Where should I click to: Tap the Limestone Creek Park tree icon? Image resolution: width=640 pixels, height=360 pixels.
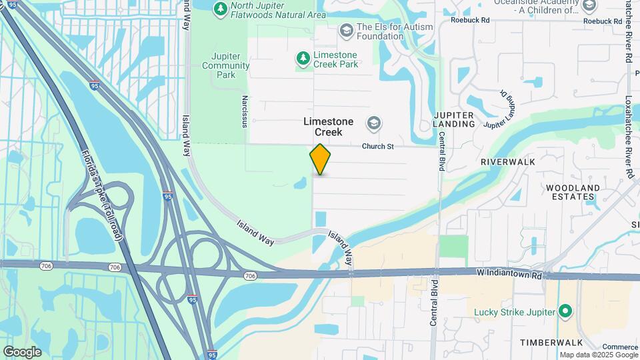click(x=303, y=59)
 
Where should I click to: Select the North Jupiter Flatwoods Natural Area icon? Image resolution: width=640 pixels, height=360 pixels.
click(x=220, y=9)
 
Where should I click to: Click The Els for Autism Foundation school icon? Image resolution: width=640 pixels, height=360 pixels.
click(x=346, y=30)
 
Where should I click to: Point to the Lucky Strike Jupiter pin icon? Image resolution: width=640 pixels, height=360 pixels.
click(x=565, y=311)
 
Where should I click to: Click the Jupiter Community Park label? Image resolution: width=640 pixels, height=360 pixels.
click(x=225, y=65)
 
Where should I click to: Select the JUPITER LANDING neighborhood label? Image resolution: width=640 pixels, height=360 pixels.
click(x=453, y=119)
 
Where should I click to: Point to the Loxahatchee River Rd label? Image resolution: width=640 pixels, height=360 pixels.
click(x=628, y=137)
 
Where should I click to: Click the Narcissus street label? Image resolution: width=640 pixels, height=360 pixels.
click(x=245, y=111)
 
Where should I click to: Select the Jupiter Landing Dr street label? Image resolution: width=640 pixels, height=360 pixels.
click(x=501, y=109)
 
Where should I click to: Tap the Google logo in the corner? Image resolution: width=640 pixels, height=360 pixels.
click(x=22, y=351)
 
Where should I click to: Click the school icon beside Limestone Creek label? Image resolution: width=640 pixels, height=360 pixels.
click(x=374, y=123)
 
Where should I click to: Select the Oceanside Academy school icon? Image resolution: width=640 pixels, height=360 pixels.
click(x=589, y=6)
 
